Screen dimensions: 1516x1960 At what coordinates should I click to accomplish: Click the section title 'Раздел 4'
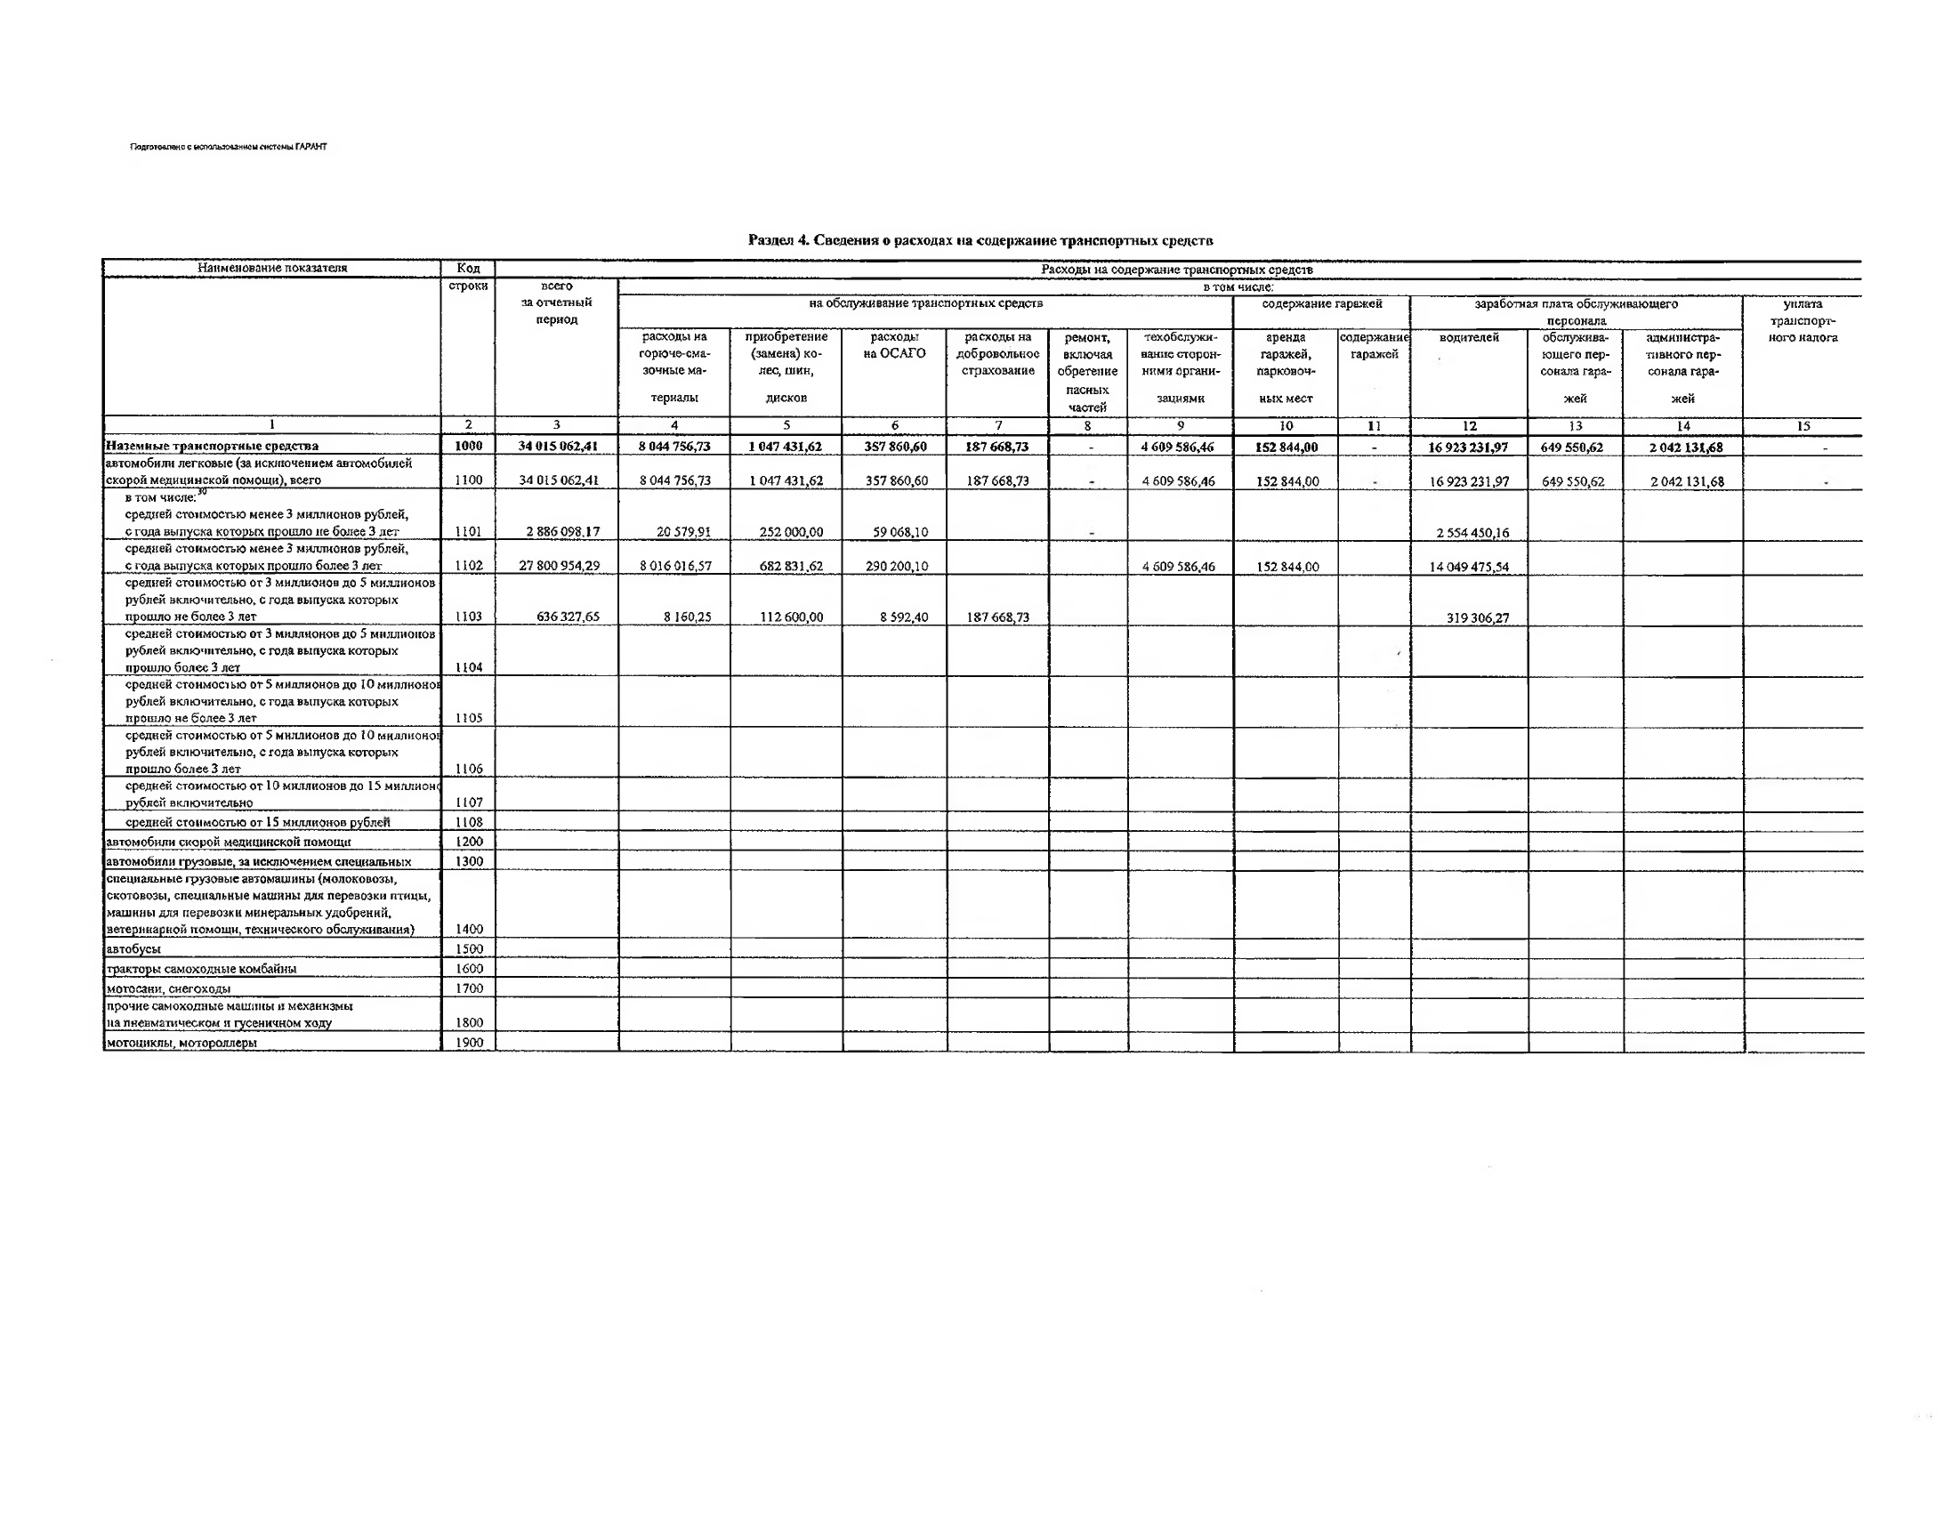pyautogui.click(x=980, y=239)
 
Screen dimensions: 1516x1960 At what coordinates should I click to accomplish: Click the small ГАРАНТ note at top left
pyautogui.click(x=229, y=146)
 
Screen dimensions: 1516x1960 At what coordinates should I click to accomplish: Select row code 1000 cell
pyautogui.click(x=469, y=446)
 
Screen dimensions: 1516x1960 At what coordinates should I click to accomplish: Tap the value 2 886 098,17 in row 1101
pyautogui.click(x=562, y=531)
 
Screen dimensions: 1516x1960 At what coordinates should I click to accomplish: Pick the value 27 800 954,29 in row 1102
pyautogui.click(x=559, y=566)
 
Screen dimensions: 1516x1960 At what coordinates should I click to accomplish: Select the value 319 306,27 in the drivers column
pyautogui.click(x=1477, y=617)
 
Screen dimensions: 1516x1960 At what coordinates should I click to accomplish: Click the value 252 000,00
pyautogui.click(x=791, y=531)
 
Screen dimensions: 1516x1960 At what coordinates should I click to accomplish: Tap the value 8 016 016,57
pyautogui.click(x=675, y=566)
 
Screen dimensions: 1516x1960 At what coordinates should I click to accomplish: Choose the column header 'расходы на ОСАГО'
pyautogui.click(x=895, y=345)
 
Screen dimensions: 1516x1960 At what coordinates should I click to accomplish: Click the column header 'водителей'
pyautogui.click(x=1469, y=337)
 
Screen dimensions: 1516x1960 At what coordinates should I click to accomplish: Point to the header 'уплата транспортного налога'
pyautogui.click(x=1802, y=320)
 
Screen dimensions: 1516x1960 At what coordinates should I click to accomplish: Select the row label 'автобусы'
pyautogui.click(x=133, y=948)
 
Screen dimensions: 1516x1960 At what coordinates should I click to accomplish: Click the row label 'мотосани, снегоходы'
pyautogui.click(x=169, y=988)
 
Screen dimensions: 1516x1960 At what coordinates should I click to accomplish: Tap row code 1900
pyautogui.click(x=469, y=1042)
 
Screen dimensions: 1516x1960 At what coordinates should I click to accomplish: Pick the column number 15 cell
pyautogui.click(x=1803, y=426)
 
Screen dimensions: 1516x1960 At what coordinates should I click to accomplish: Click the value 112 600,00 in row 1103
pyautogui.click(x=791, y=617)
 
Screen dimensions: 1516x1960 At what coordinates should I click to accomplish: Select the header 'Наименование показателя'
pyautogui.click(x=272, y=268)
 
